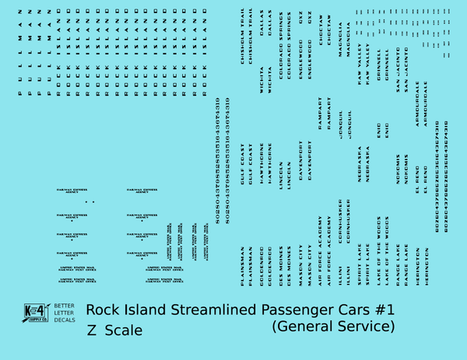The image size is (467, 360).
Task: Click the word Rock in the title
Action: tap(102, 309)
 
